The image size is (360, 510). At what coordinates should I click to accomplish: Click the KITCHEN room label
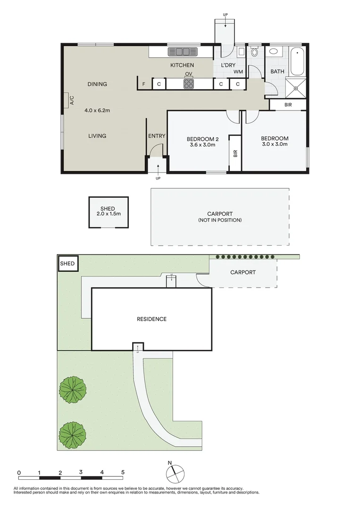[182, 65]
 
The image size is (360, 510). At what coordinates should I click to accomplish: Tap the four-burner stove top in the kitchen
[189, 84]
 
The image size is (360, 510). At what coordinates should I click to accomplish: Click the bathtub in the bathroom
[297, 61]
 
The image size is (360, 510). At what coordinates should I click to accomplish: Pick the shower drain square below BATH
[296, 87]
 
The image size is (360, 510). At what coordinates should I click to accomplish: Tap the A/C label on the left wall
[72, 100]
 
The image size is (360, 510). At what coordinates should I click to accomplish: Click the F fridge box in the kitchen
[143, 85]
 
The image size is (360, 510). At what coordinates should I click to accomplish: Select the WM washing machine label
[238, 72]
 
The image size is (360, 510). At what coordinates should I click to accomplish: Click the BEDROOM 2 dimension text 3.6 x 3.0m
[202, 145]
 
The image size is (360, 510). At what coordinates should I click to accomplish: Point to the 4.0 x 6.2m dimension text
[97, 110]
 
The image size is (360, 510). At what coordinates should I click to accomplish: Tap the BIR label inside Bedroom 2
[235, 153]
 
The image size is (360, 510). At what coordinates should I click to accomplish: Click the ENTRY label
[157, 136]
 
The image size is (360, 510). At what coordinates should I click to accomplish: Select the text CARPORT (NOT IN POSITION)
[220, 217]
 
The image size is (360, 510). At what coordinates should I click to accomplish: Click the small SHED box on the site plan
[67, 263]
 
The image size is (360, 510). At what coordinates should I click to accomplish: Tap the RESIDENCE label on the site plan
[151, 319]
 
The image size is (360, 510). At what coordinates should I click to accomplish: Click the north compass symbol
[175, 472]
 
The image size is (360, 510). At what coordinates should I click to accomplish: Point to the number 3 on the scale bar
[81, 472]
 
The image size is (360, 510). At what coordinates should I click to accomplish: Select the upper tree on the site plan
[73, 390]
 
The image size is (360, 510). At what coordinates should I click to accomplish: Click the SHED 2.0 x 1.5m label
[108, 211]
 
